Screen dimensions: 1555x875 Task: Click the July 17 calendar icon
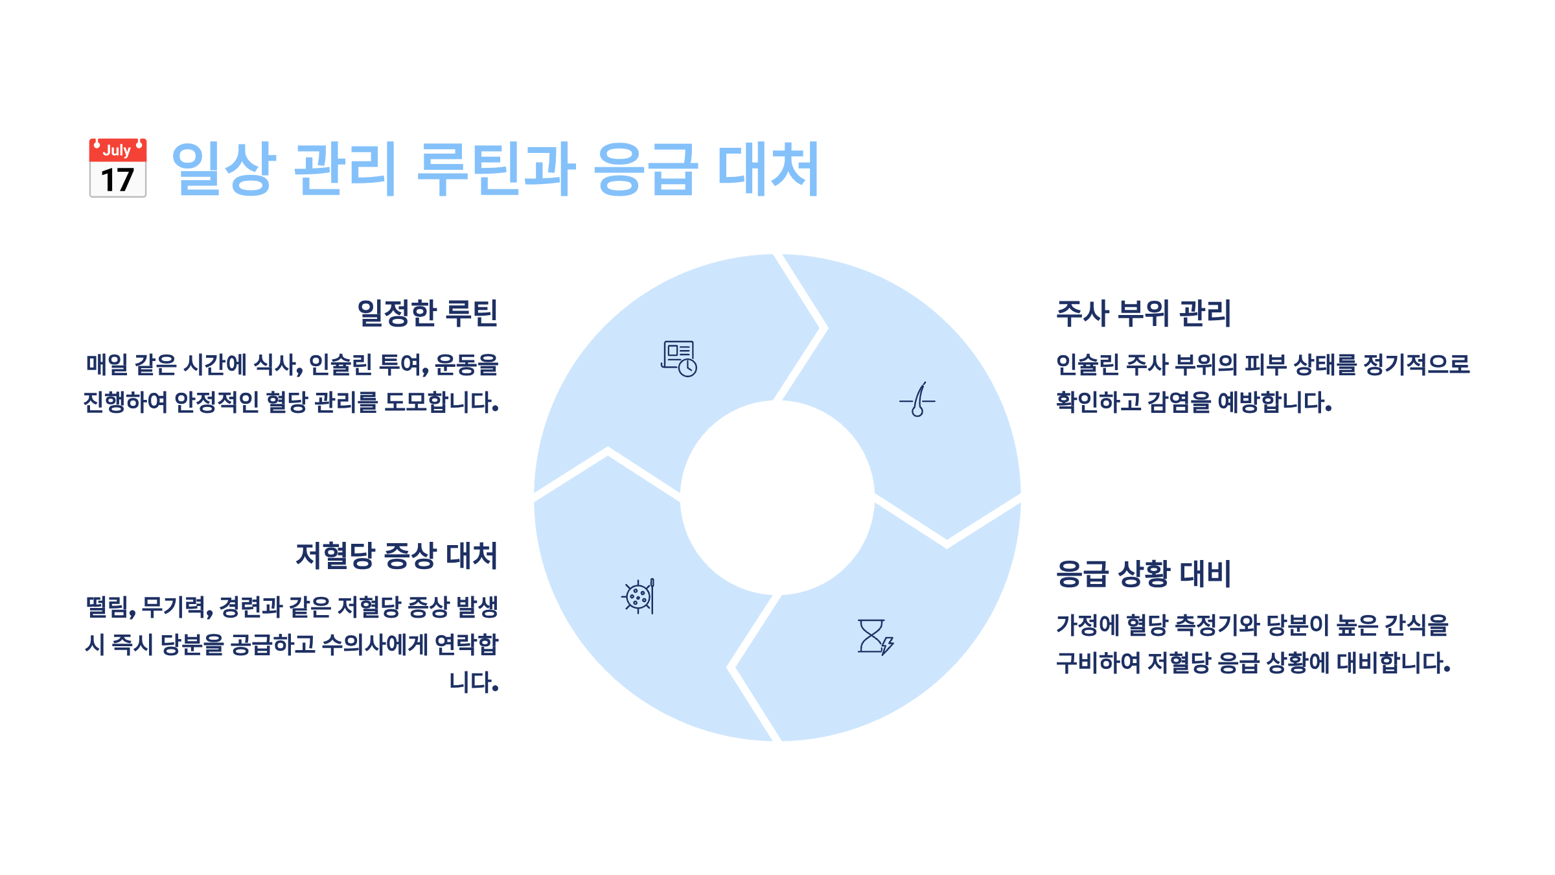coord(118,167)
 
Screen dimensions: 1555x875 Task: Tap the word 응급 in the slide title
coord(645,169)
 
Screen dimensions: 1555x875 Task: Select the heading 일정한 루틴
coord(428,313)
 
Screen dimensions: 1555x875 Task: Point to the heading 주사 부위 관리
coord(1144,313)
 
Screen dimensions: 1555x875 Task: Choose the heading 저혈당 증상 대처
coord(397,555)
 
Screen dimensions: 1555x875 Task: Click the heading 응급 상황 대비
coord(1144,574)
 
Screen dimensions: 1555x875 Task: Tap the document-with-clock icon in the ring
coord(678,358)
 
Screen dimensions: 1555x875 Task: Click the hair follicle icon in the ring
coord(917,400)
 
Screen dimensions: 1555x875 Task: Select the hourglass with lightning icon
coord(875,636)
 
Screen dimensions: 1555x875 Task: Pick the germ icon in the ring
coord(639,596)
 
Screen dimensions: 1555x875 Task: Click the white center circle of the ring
coord(777,498)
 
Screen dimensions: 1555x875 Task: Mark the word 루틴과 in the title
coord(496,169)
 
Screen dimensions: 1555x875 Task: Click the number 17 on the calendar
coord(117,180)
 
